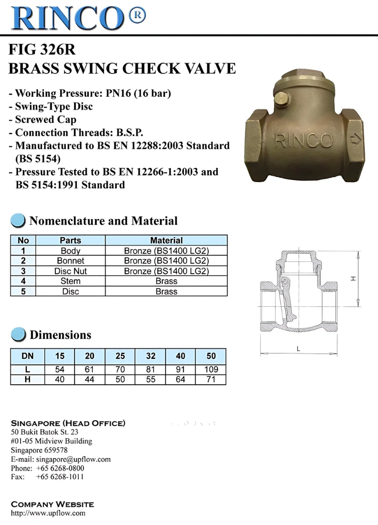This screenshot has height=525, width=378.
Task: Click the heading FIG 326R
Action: pyautogui.click(x=42, y=50)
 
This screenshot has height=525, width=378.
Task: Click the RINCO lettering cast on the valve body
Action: pyautogui.click(x=303, y=141)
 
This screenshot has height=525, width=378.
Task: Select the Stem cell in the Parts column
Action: pyautogui.click(x=70, y=281)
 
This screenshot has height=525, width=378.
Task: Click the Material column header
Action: pyautogui.click(x=166, y=240)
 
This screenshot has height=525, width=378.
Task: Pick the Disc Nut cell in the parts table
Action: pyautogui.click(x=70, y=271)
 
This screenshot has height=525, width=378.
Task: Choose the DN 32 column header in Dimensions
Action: pyautogui.click(x=150, y=356)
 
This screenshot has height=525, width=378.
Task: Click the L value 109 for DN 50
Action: pyautogui.click(x=211, y=369)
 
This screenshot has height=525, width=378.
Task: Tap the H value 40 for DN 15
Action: pyautogui.click(x=59, y=379)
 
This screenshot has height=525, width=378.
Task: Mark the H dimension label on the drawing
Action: pyautogui.click(x=353, y=278)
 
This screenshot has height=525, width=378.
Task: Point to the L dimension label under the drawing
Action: pyautogui.click(x=298, y=349)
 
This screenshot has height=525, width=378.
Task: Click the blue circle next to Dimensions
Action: pyautogui.click(x=18, y=335)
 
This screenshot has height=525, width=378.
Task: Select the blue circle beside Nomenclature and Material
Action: pyautogui.click(x=18, y=221)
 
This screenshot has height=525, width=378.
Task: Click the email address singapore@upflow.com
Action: pyautogui.click(x=73, y=459)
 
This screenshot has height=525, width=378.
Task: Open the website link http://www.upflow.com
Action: pyautogui.click(x=48, y=513)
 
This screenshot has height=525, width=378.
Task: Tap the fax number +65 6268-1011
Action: pyautogui.click(x=60, y=477)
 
